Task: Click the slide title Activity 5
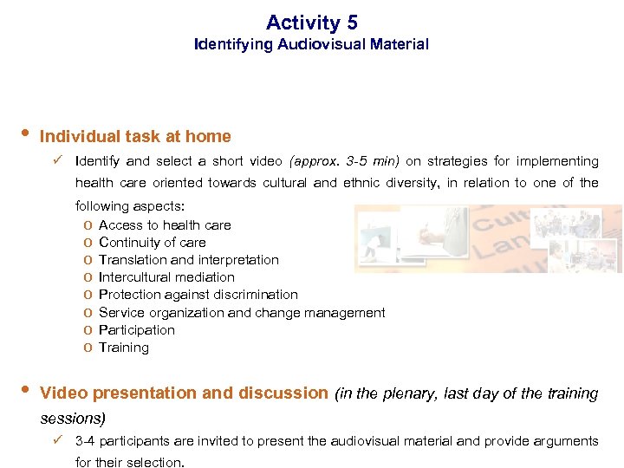click(311, 23)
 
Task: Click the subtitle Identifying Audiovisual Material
click(311, 43)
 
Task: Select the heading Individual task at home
click(135, 136)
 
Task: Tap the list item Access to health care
click(165, 224)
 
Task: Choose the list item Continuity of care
click(153, 242)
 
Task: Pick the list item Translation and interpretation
click(189, 259)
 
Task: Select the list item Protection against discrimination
click(198, 295)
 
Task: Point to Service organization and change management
click(242, 312)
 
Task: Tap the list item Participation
click(137, 329)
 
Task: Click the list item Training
click(124, 348)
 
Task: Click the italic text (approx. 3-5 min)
click(344, 161)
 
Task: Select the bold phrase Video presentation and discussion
click(185, 393)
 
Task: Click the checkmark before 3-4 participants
click(57, 440)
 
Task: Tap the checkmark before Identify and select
click(57, 160)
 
